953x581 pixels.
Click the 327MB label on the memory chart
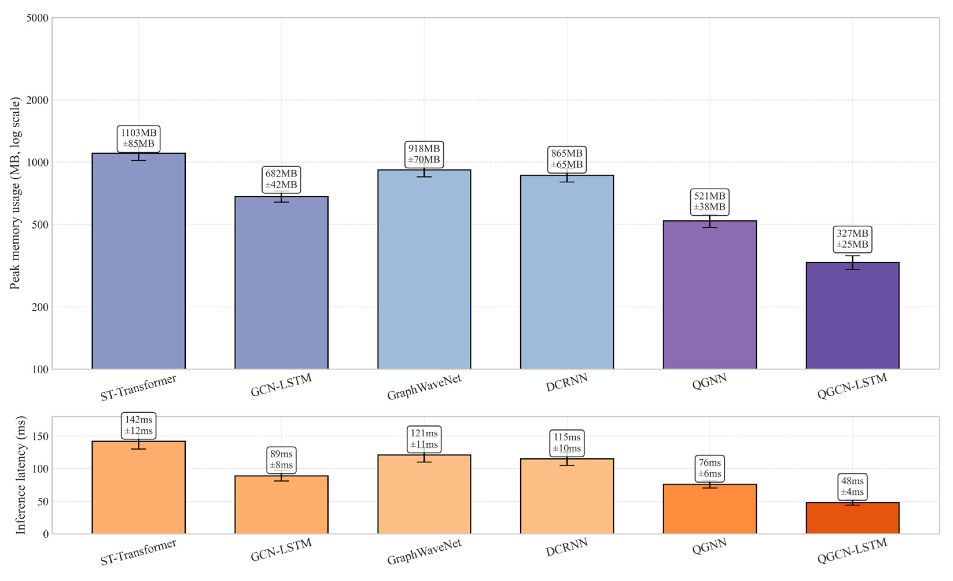pyautogui.click(x=852, y=239)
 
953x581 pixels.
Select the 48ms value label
pyautogui.click(x=852, y=486)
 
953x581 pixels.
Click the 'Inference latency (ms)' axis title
pyautogui.click(x=20, y=475)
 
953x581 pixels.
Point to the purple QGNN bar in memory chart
pyautogui.click(x=709, y=294)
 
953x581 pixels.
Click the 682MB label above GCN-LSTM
pyautogui.click(x=281, y=179)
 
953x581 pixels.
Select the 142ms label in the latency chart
pyautogui.click(x=139, y=425)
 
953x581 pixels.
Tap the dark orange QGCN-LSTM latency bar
pyautogui.click(x=852, y=518)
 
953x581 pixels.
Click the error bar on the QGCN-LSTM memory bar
pyautogui.click(x=852, y=263)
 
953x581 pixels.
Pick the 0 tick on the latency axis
pyautogui.click(x=46, y=534)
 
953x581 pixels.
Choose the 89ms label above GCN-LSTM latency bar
pyautogui.click(x=281, y=459)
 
